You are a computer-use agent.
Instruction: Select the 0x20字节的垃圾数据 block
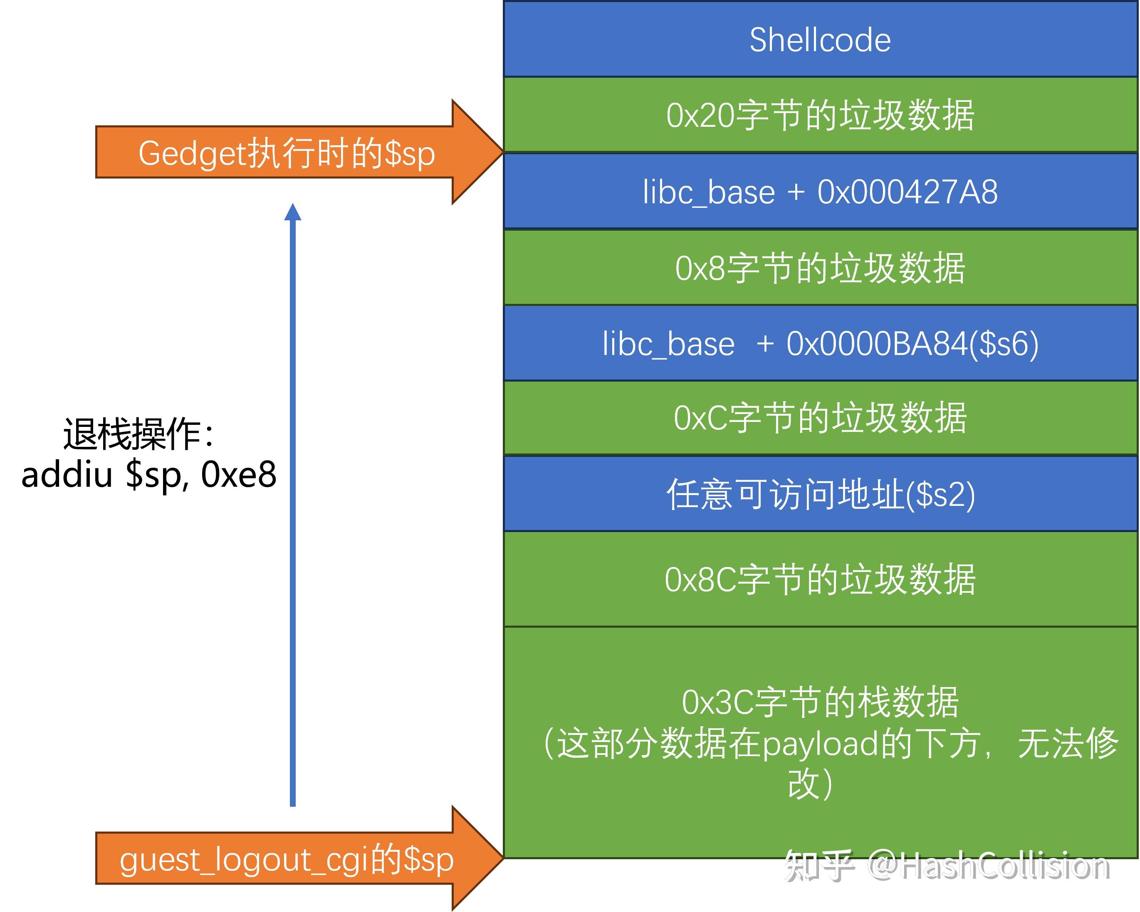820,115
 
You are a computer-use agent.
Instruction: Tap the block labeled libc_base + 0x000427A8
820,191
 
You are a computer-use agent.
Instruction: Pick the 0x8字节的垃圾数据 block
820,268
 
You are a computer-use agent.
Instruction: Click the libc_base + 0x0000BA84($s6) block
820,343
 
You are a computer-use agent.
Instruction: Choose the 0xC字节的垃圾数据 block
820,418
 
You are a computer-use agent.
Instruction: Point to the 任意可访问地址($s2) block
820,495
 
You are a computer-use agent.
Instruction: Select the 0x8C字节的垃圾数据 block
820,579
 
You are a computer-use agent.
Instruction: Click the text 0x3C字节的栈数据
820,703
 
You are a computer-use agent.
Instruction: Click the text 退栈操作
132,434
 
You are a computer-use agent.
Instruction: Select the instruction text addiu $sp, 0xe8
148,474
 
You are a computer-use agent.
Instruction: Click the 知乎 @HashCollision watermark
947,867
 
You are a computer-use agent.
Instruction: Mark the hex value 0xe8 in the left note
238,474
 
